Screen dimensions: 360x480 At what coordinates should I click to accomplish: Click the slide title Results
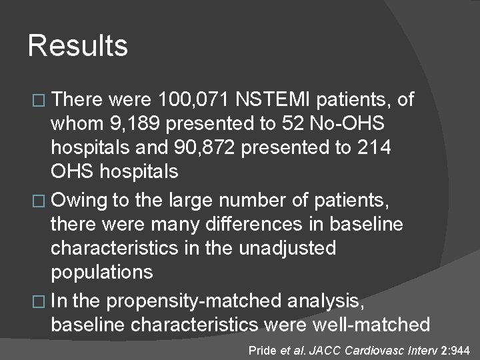click(x=77, y=46)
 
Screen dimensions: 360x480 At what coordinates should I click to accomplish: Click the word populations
click(x=102, y=272)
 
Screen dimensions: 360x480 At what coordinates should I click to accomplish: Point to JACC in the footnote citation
click(x=324, y=349)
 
